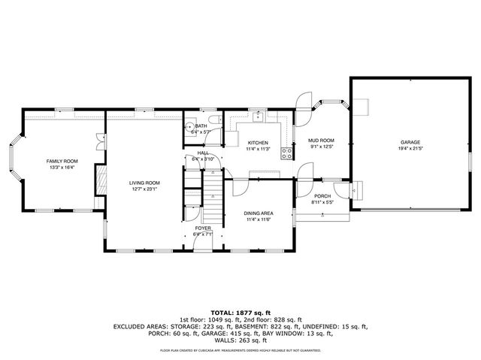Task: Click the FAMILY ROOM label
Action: coord(62,162)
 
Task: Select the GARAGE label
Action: coord(410,143)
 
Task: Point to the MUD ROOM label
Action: coord(321,141)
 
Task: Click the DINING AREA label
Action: coord(258,213)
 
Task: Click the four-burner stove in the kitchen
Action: coord(286,153)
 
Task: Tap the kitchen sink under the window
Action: coord(258,116)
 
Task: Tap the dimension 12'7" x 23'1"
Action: coord(144,189)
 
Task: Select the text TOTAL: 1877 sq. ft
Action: coord(240,311)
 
